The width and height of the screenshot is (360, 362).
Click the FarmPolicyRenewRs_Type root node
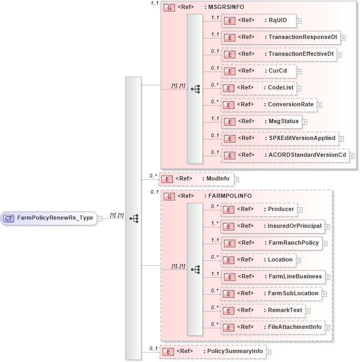[x=49, y=218]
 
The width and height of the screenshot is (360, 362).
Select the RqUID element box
[x=258, y=21]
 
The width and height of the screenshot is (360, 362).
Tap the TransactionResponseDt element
[x=281, y=37]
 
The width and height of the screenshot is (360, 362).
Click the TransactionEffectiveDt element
[x=279, y=54]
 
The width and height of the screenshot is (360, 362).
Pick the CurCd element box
[x=258, y=71]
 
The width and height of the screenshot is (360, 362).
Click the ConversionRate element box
[x=269, y=105]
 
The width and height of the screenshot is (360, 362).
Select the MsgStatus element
[x=261, y=122]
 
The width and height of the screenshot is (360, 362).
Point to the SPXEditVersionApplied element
[x=280, y=138]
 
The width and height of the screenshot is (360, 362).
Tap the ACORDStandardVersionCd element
[x=285, y=155]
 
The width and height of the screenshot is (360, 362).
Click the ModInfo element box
[x=196, y=179]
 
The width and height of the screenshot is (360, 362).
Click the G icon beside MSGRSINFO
[x=169, y=8]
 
